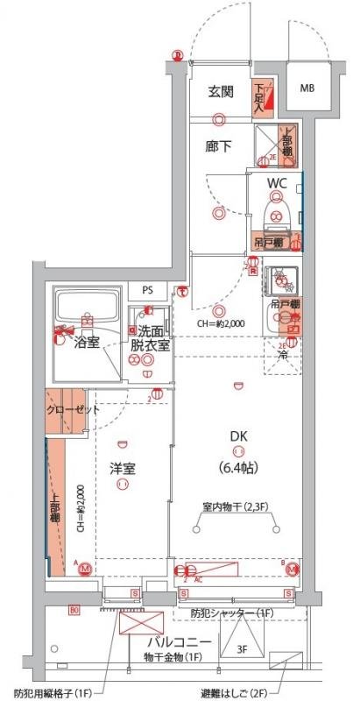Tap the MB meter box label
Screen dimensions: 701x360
tap(307, 89)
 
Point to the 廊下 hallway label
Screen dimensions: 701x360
tap(219, 146)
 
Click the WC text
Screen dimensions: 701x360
tap(277, 183)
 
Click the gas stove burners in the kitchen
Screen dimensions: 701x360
tap(281, 280)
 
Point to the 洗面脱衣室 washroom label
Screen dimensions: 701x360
tap(150, 337)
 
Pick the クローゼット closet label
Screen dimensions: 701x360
tap(71, 409)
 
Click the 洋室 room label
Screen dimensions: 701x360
tap(122, 469)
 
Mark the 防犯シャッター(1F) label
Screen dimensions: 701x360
tap(229, 612)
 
